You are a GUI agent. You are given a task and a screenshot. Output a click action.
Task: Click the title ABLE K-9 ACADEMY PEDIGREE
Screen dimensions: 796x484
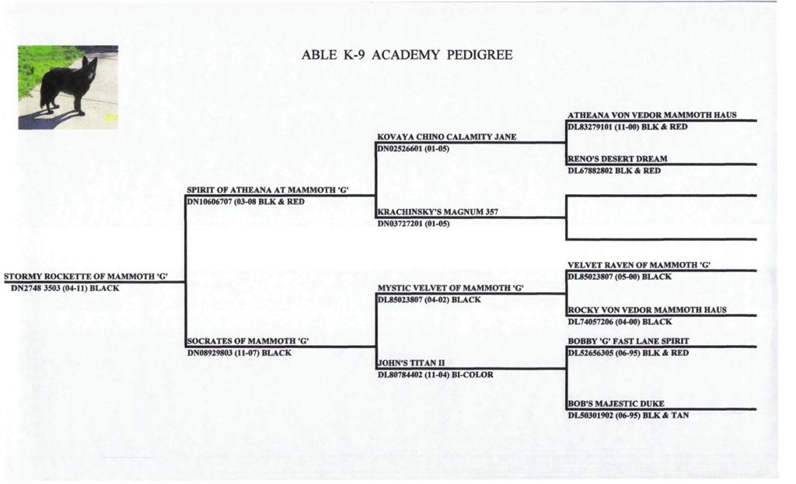pyautogui.click(x=407, y=55)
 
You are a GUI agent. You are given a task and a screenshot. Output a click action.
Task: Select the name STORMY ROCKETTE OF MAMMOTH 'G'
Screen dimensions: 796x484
pyautogui.click(x=86, y=277)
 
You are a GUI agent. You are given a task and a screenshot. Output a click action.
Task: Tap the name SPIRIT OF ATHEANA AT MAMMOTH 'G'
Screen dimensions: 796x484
pyautogui.click(x=267, y=190)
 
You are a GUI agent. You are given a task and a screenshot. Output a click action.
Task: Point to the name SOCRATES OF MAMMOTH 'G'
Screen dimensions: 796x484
pyautogui.click(x=248, y=341)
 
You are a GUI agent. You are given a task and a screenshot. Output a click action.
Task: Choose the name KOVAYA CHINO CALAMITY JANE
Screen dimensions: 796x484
pyautogui.click(x=447, y=137)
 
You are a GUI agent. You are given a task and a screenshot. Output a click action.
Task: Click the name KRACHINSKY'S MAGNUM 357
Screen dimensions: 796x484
pyautogui.click(x=438, y=211)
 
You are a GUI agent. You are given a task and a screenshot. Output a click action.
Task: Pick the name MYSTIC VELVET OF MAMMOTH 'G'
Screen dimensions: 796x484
pyautogui.click(x=450, y=287)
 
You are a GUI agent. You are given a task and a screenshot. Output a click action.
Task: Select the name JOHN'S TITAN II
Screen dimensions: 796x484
pyautogui.click(x=410, y=363)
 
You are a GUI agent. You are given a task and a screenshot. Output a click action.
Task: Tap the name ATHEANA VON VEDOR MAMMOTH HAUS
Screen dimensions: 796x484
pyautogui.click(x=652, y=115)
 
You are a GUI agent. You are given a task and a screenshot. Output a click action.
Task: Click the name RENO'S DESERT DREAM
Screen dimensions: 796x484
pyautogui.click(x=617, y=158)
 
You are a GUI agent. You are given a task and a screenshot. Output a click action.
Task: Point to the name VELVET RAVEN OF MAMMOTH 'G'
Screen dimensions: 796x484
pyautogui.click(x=639, y=265)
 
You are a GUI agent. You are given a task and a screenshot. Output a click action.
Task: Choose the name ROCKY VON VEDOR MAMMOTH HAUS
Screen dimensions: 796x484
pyautogui.click(x=647, y=309)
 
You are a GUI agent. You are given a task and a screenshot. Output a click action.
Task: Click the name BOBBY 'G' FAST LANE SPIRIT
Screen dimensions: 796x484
pyautogui.click(x=628, y=341)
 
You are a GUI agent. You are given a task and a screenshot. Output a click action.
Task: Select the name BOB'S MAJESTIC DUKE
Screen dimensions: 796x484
pyautogui.click(x=616, y=403)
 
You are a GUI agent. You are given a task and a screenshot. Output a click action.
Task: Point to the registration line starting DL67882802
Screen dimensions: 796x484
pyautogui.click(x=614, y=171)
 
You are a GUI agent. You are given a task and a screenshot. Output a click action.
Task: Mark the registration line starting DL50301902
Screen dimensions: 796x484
pyautogui.click(x=628, y=416)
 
